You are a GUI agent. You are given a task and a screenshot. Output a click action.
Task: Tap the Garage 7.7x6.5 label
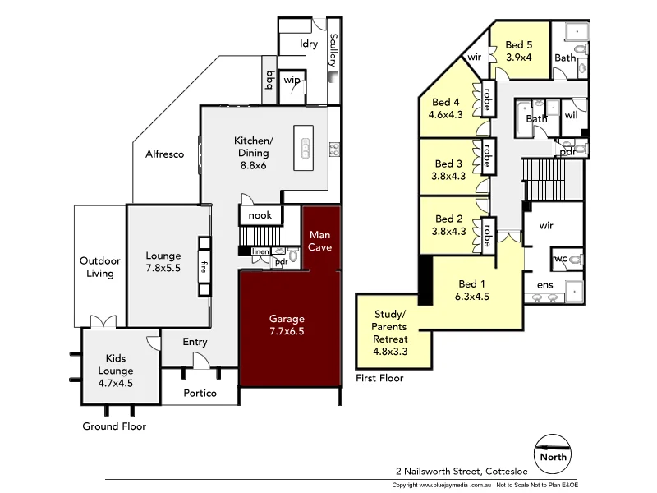tap(287, 325)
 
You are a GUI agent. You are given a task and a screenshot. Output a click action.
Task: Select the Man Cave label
tap(320, 241)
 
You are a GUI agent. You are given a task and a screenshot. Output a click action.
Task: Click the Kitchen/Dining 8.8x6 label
tap(253, 152)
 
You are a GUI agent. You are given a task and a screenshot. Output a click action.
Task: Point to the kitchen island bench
tap(306, 148)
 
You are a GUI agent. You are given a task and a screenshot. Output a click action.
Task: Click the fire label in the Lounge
tap(203, 266)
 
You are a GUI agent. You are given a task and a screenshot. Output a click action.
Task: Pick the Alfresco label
tap(164, 154)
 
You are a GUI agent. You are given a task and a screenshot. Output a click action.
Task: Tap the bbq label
tap(269, 79)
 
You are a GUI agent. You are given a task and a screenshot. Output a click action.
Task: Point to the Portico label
tap(200, 393)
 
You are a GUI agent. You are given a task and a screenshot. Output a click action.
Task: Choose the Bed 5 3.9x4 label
tap(519, 51)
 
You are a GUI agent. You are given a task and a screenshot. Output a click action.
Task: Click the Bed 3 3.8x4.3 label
tap(449, 169)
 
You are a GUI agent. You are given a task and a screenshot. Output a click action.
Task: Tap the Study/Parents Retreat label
tap(390, 333)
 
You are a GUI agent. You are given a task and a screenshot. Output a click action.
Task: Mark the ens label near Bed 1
tap(545, 285)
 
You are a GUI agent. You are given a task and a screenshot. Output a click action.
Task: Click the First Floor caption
tap(379, 378)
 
